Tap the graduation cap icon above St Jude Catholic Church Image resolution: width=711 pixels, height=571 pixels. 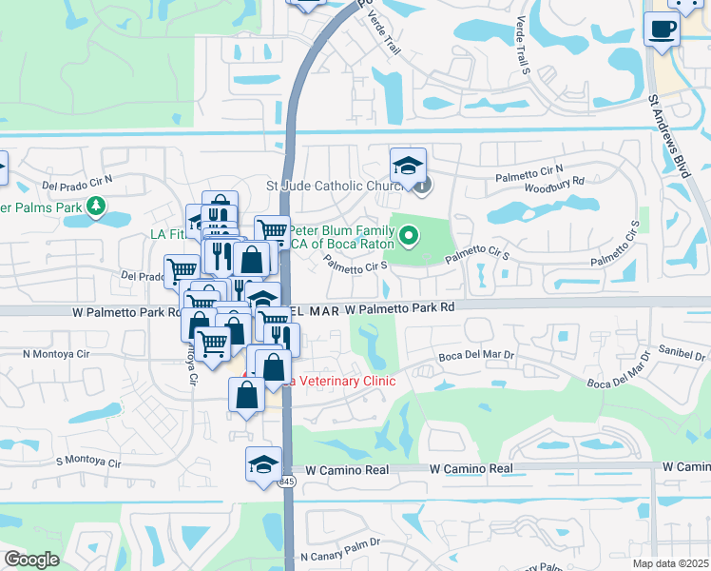(x=408, y=165)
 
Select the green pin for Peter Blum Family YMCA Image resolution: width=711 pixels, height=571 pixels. (x=409, y=233)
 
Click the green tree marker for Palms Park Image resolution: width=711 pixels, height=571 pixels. (x=95, y=207)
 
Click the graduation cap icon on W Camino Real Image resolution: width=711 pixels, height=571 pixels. (x=263, y=464)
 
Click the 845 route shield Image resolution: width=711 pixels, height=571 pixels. (x=286, y=483)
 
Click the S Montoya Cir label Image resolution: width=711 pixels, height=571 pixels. (x=88, y=462)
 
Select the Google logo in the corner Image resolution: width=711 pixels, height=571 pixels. (x=31, y=560)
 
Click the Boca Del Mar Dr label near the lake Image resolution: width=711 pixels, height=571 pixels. (x=476, y=355)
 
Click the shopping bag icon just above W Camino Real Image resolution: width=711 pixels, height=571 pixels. (x=246, y=395)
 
